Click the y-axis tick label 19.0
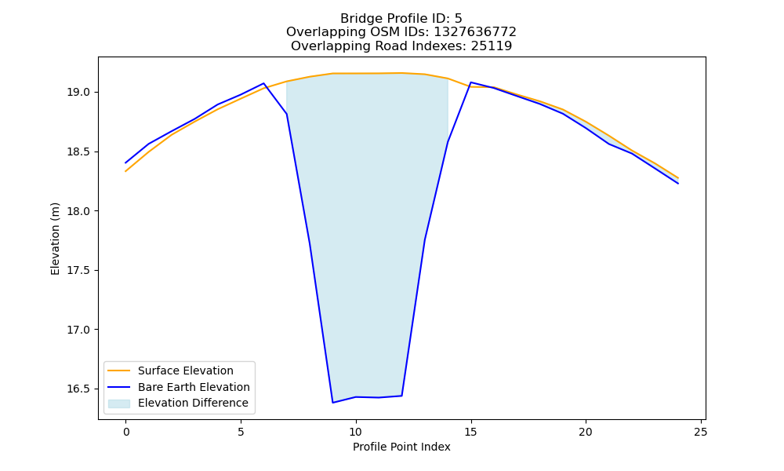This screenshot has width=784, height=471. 78,93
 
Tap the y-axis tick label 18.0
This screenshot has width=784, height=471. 78,211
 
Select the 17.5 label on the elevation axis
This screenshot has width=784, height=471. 78,270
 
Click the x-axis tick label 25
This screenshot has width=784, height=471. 701,432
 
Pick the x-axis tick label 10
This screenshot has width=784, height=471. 355,432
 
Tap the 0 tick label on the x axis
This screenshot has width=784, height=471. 126,432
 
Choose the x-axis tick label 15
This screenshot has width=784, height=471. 470,432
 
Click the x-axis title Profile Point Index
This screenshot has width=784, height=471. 401,447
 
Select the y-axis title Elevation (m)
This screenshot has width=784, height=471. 55,239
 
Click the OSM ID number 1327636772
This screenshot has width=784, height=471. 475,32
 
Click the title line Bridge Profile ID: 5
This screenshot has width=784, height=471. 401,19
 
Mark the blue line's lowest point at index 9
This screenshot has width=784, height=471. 333,403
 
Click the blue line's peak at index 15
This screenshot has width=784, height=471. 471,82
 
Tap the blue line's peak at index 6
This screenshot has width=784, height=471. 263,83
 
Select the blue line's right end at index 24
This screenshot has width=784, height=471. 678,184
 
